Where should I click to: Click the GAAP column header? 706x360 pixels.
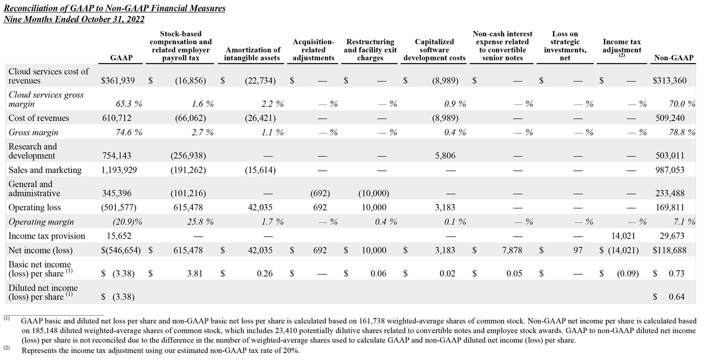pyautogui.click(x=121, y=58)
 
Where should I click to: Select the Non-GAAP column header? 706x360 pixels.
pyautogui.click(x=674, y=58)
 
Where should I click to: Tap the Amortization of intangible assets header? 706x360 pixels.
pyautogui.click(x=253, y=54)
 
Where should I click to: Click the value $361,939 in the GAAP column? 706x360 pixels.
pyautogui.click(x=118, y=80)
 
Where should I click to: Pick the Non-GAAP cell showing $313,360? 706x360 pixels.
pyautogui.click(x=669, y=80)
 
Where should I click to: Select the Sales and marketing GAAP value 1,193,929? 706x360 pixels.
pyautogui.click(x=120, y=170)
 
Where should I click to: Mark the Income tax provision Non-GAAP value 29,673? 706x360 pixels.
pyautogui.click(x=673, y=236)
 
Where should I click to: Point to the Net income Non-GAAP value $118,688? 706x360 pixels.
pyautogui.click(x=669, y=250)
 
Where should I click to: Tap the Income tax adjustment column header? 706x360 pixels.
pyautogui.click(x=622, y=46)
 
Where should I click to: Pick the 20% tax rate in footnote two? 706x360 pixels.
pyautogui.click(x=289, y=351)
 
